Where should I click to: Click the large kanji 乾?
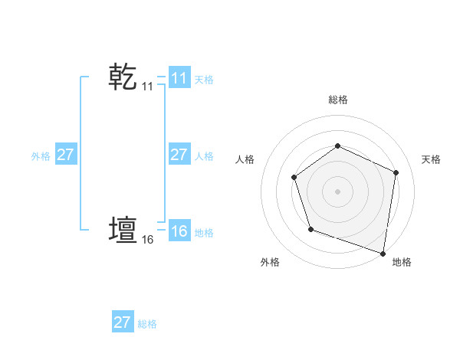(x=123, y=77)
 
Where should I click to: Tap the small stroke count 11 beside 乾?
(x=147, y=87)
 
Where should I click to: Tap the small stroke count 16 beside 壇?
(x=147, y=240)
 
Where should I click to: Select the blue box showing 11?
(x=179, y=78)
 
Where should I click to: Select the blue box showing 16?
(x=179, y=231)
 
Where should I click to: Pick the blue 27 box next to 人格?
(x=179, y=155)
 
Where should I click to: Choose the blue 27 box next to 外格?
(x=65, y=155)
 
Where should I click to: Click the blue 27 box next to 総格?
(x=122, y=322)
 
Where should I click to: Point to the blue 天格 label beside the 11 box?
(x=204, y=79)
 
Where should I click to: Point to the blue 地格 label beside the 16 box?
(x=204, y=232)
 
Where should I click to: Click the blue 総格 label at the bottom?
(x=147, y=324)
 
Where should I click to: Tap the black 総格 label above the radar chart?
(x=337, y=100)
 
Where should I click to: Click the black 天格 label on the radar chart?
(x=431, y=159)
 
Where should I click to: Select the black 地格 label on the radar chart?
(x=402, y=262)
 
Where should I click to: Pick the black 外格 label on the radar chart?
(x=270, y=262)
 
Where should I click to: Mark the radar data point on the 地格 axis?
(x=383, y=252)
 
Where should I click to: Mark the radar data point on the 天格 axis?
(x=396, y=172)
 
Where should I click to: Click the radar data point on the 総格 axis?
(x=337, y=146)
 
